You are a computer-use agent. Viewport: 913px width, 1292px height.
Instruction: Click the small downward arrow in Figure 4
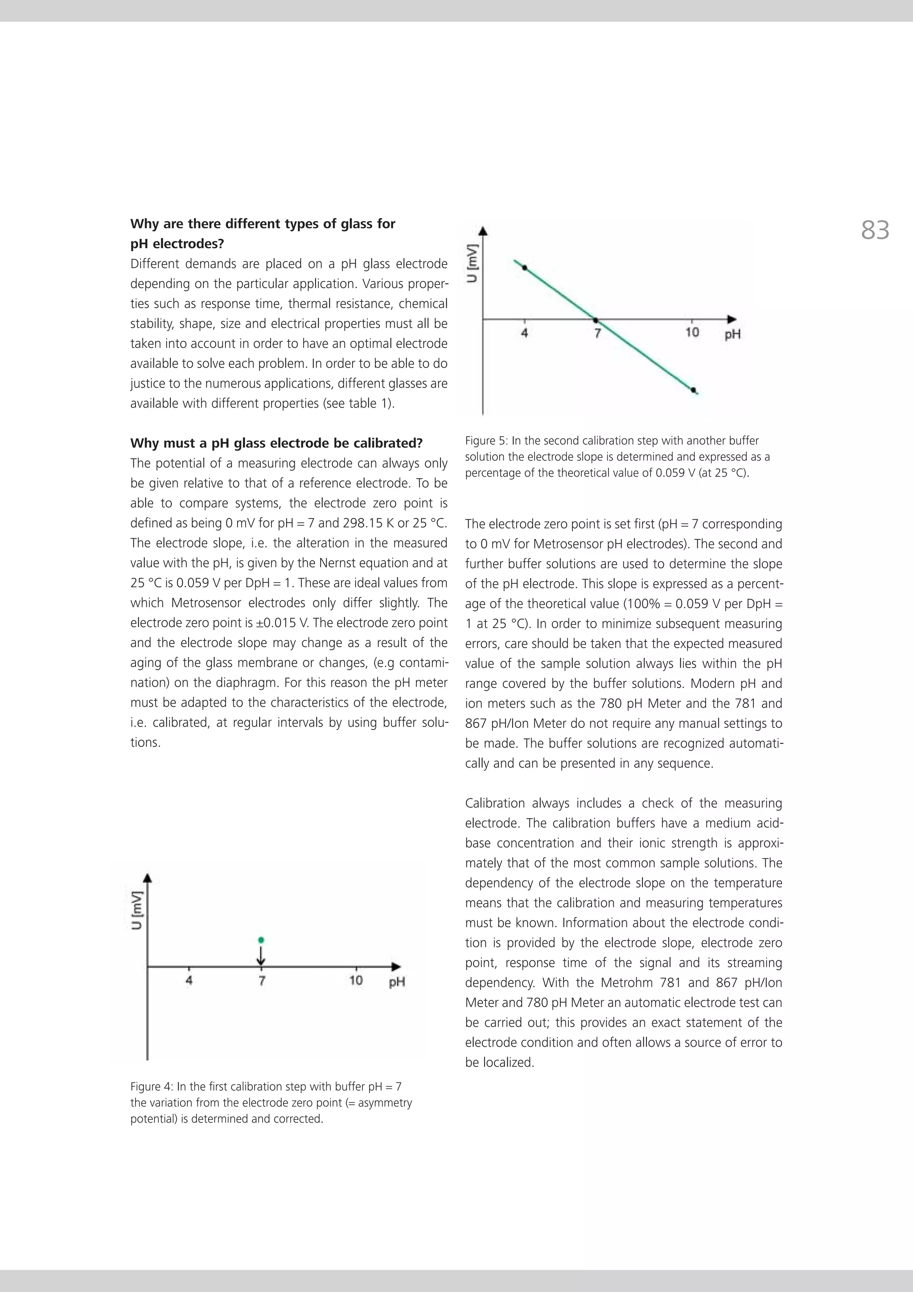[x=261, y=955]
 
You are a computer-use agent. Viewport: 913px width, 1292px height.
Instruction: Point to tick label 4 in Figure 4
[x=189, y=981]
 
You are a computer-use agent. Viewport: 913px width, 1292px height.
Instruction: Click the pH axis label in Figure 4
[x=397, y=982]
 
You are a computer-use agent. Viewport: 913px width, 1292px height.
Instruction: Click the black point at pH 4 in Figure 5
[x=524, y=268]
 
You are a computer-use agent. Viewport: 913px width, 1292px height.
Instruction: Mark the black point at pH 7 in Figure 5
[x=597, y=320]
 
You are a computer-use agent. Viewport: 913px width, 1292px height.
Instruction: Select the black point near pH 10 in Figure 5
[x=693, y=389]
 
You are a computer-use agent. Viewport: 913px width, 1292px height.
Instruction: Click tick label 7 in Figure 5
[x=597, y=333]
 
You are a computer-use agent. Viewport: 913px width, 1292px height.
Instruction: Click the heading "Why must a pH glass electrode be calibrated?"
[x=276, y=443]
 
